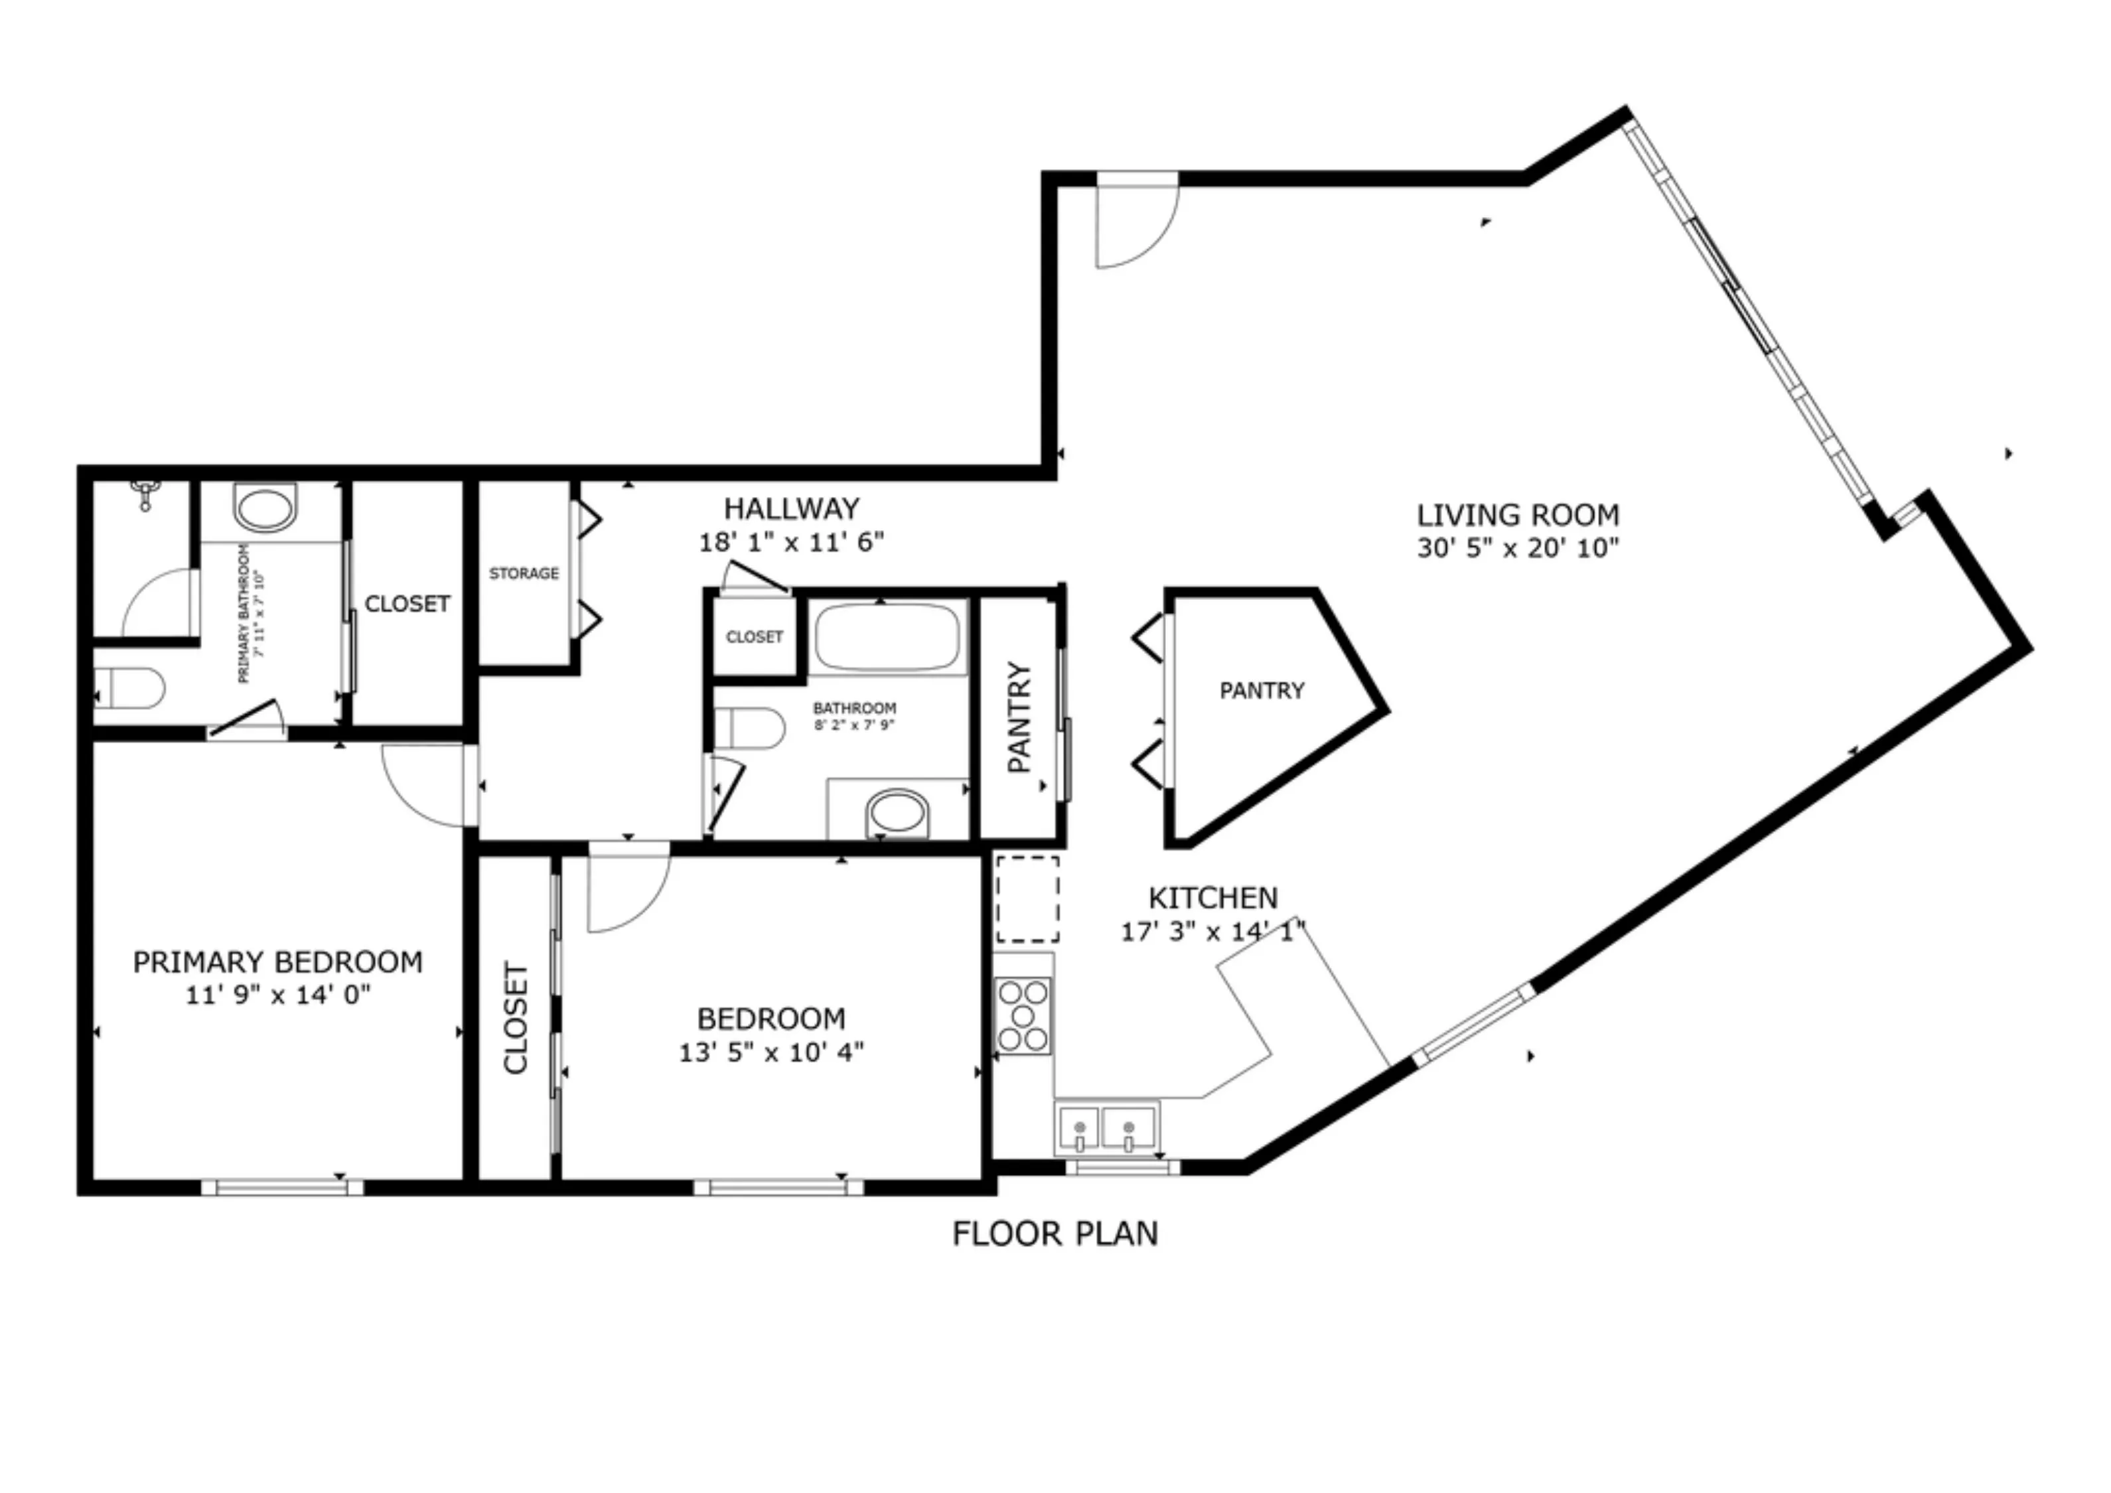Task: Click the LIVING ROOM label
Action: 1517,515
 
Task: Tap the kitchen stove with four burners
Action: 1023,1016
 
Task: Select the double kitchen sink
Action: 1105,1128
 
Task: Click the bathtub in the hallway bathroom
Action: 887,637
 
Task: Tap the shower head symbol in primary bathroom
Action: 145,494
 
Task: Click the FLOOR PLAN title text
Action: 1055,1234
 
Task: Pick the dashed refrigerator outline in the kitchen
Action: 1028,899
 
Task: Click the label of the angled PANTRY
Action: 1262,690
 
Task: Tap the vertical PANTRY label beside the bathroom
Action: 1019,717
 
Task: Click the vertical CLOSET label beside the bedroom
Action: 516,1018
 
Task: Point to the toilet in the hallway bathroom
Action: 749,728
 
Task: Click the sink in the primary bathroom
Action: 265,510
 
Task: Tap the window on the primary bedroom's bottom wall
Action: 282,1188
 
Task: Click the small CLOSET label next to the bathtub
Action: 754,637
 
